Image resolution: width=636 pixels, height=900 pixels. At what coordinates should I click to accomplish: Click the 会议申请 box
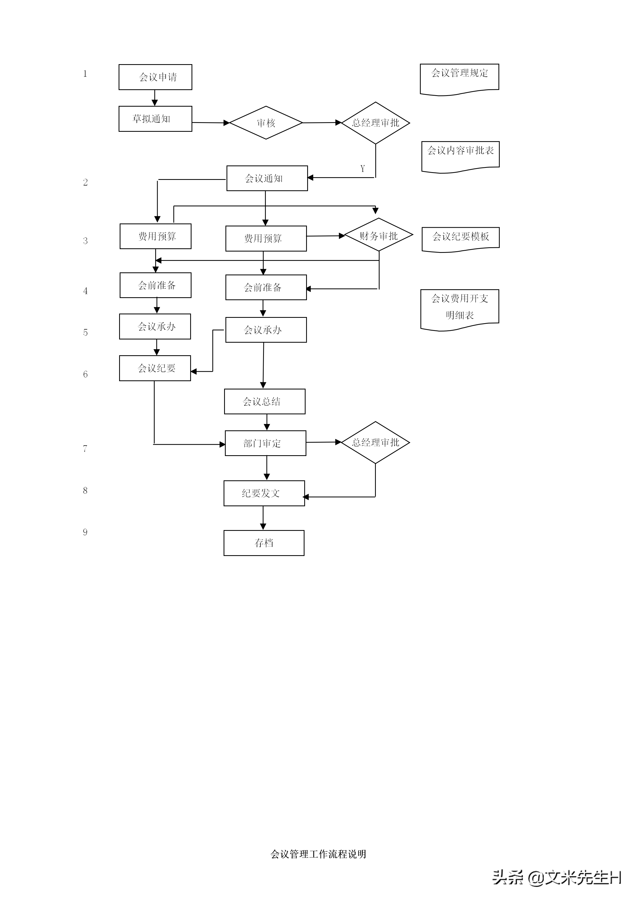tap(155, 77)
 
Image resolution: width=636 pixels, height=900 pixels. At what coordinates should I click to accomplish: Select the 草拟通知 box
tap(155, 119)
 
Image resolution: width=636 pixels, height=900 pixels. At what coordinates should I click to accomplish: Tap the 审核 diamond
tap(266, 123)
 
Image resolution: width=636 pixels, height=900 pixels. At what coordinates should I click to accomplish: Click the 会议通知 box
tap(267, 178)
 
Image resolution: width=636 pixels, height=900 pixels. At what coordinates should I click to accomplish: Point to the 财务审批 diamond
tap(379, 235)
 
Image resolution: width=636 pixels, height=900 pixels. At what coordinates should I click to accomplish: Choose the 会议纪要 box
tap(155, 368)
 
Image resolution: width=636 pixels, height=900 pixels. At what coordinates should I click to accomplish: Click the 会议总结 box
tap(265, 401)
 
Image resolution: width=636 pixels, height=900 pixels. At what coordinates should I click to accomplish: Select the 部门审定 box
tap(266, 443)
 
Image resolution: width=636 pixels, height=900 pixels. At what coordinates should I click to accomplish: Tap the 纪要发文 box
tap(264, 493)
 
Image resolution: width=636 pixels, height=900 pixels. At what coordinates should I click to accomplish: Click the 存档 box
tap(264, 543)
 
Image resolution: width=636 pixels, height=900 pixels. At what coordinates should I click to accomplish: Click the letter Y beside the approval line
tap(363, 169)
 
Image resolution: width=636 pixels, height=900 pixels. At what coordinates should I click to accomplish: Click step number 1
tap(85, 74)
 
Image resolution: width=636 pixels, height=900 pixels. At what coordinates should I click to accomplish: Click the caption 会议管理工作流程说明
tap(318, 854)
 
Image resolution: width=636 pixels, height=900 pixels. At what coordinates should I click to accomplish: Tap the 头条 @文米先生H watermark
tap(556, 877)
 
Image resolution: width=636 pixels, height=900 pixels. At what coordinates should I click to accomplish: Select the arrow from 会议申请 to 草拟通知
tap(155, 98)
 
